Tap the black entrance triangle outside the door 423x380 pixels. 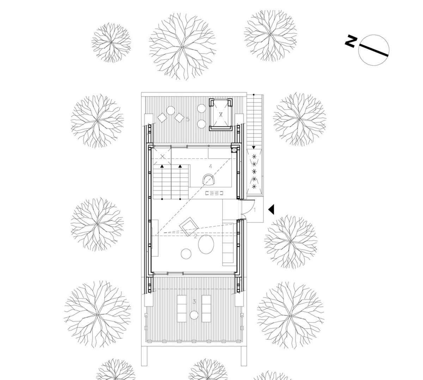[x=271, y=209]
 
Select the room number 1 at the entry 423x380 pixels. [x=255, y=210]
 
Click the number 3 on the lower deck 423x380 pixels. [x=194, y=302]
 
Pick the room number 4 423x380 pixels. [x=210, y=166]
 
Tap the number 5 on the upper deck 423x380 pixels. [x=188, y=119]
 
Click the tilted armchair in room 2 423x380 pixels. [x=189, y=226]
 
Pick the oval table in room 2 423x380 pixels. [x=206, y=244]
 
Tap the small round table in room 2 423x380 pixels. [x=186, y=254]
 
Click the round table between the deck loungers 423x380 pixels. [x=194, y=315]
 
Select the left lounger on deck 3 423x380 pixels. [x=182, y=309]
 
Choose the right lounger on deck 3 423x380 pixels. [x=206, y=309]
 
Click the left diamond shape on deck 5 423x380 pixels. [x=162, y=118]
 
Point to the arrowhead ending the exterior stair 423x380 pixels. [x=254, y=148]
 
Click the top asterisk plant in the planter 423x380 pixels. [x=254, y=156]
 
